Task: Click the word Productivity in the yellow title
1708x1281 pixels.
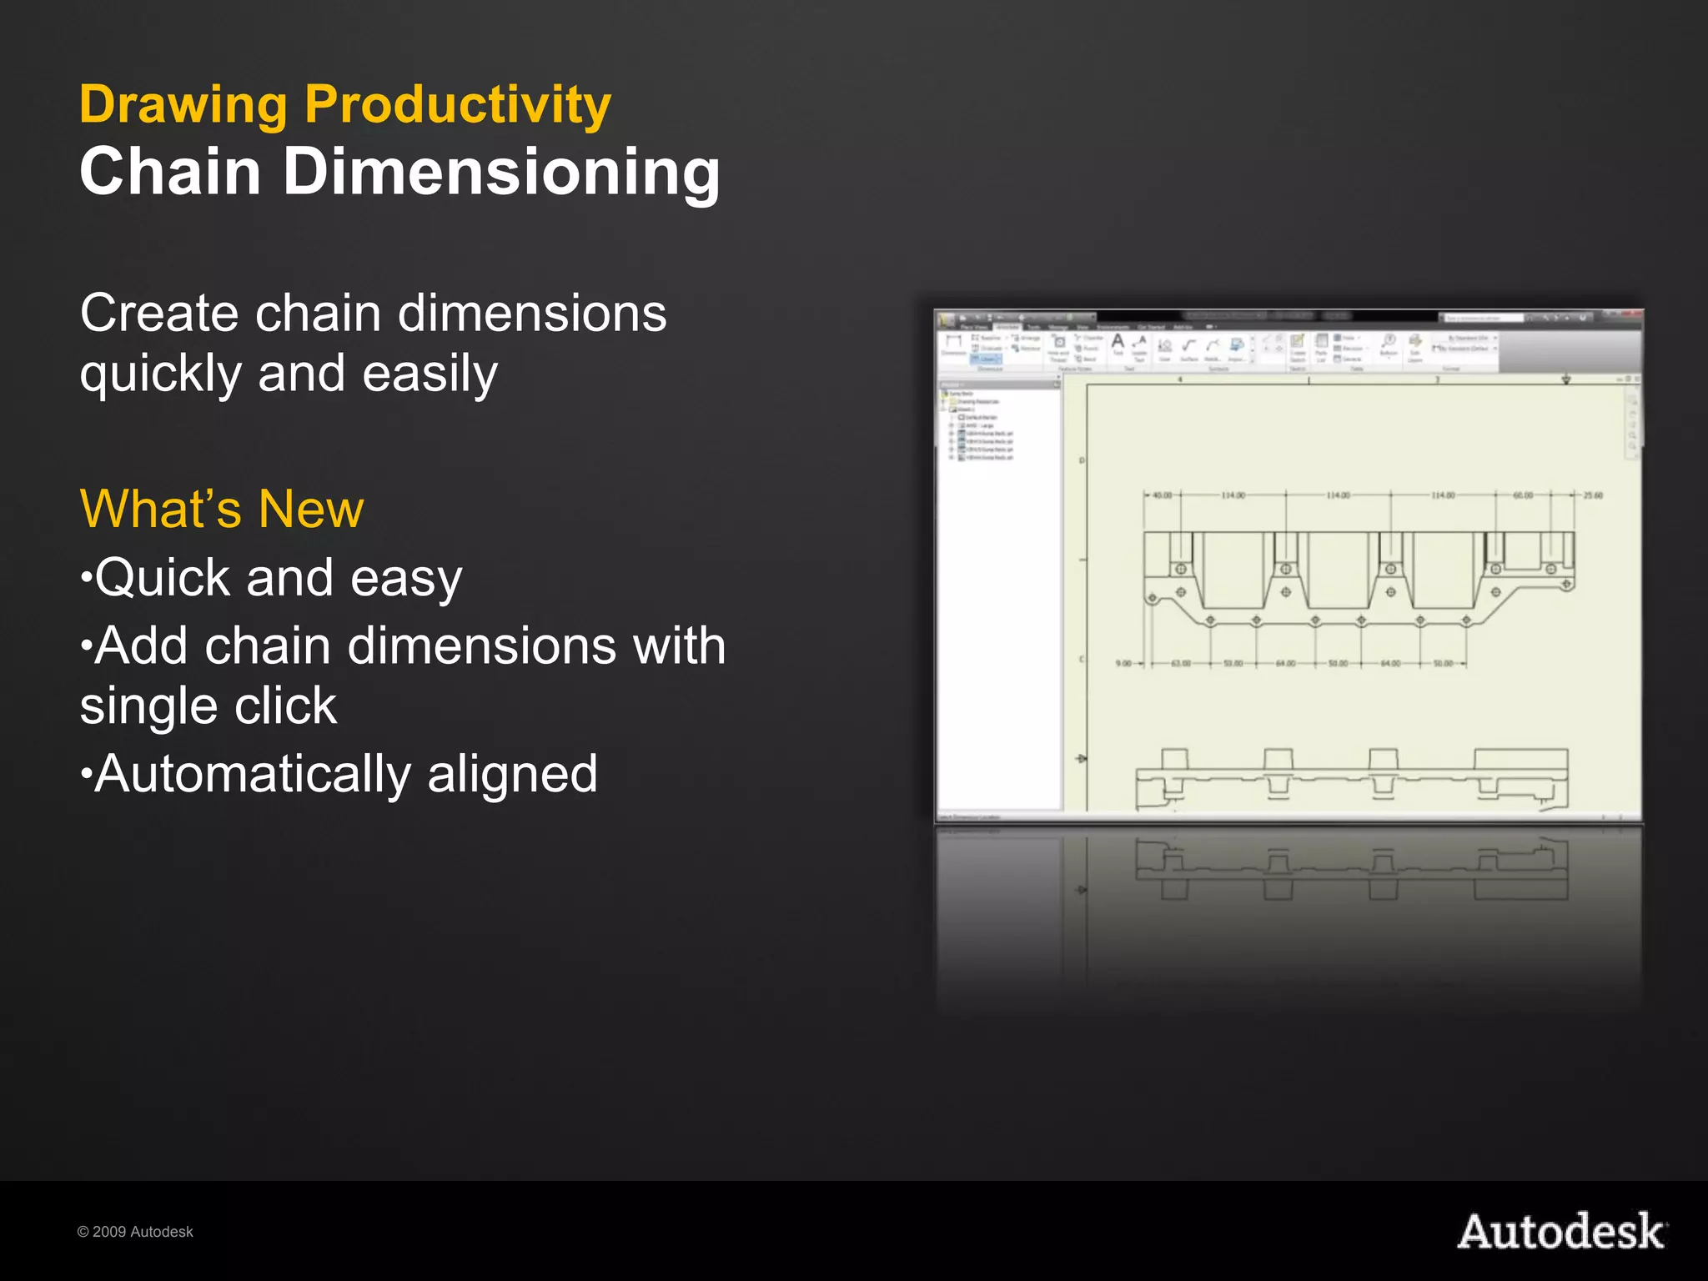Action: (457, 106)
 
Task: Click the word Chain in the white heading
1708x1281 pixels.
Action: (170, 172)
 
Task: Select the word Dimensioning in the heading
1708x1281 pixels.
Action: (501, 172)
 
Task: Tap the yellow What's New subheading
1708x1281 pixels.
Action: (222, 509)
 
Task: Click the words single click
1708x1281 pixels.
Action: (208, 706)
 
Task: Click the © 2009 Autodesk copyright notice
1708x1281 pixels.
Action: (135, 1232)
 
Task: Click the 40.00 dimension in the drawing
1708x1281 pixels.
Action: (1162, 495)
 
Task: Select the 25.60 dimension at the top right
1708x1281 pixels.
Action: (1593, 495)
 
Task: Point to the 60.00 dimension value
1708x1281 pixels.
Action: (1523, 495)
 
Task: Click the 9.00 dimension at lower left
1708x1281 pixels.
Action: (1123, 664)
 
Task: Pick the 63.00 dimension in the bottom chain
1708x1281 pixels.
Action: (1181, 664)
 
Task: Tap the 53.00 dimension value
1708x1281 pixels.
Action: (1233, 664)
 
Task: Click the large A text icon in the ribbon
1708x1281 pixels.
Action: (1118, 342)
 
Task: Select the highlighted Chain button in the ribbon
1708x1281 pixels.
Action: (987, 359)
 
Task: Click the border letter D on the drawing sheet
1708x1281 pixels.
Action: (1083, 460)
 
